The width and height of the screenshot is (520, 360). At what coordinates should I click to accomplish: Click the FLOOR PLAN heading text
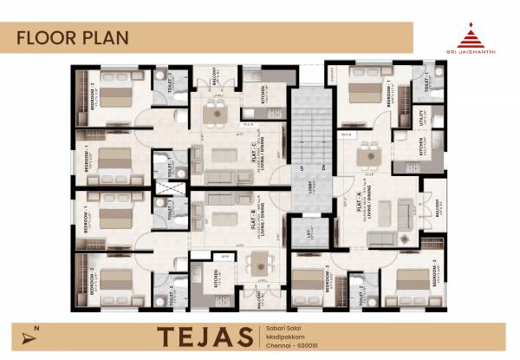[x=73, y=37]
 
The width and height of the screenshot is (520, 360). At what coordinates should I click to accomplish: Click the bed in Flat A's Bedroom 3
[x=308, y=280]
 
